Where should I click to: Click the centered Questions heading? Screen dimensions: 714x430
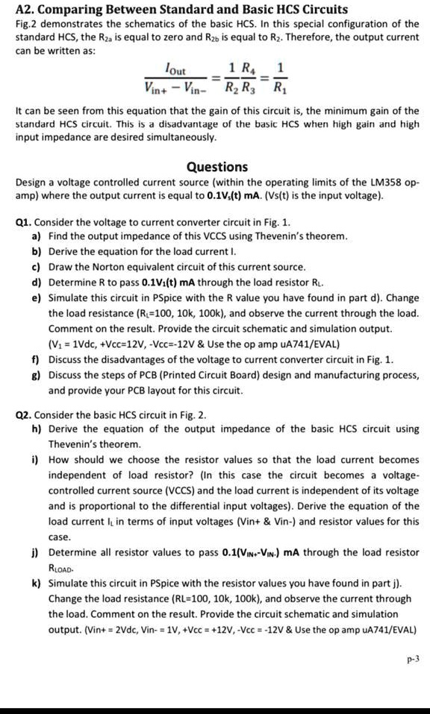tap(216, 168)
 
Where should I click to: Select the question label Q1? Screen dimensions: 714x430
tap(24, 222)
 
